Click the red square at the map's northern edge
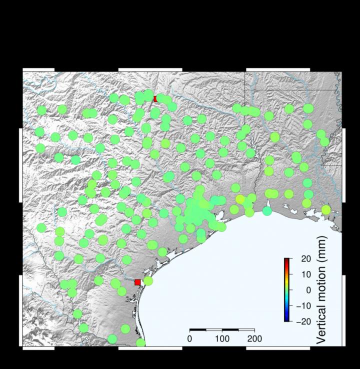pyautogui.click(x=156, y=99)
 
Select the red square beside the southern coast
pyautogui.click(x=137, y=282)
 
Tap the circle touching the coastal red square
pyautogui.click(x=148, y=281)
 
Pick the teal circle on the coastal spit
pyautogui.click(x=267, y=211)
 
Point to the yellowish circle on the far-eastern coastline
pyautogui.click(x=326, y=210)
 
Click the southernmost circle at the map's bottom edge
pyautogui.click(x=140, y=343)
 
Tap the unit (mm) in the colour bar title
pyautogui.click(x=321, y=255)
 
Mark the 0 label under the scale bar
pyautogui.click(x=189, y=339)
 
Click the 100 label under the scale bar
pyautogui.click(x=222, y=339)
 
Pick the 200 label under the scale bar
pyautogui.click(x=254, y=339)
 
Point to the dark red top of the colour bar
pyautogui.click(x=287, y=260)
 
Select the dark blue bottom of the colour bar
pyautogui.click(x=287, y=319)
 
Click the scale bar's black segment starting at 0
pyautogui.click(x=198, y=330)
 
